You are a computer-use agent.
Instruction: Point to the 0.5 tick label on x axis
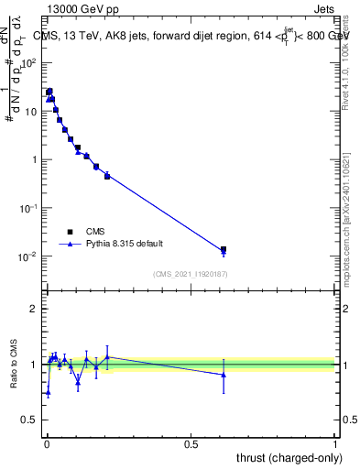click(x=191, y=444)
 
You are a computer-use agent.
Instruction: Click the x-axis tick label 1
click(x=335, y=444)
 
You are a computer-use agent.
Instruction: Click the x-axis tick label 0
click(x=46, y=444)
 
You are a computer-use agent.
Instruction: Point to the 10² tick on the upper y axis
click(x=29, y=63)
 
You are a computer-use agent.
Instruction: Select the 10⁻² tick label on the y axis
click(x=29, y=256)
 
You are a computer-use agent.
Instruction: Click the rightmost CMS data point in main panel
click(x=224, y=249)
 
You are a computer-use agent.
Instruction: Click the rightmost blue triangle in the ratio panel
click(x=224, y=374)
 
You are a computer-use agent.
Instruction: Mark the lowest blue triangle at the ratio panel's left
click(x=48, y=392)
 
